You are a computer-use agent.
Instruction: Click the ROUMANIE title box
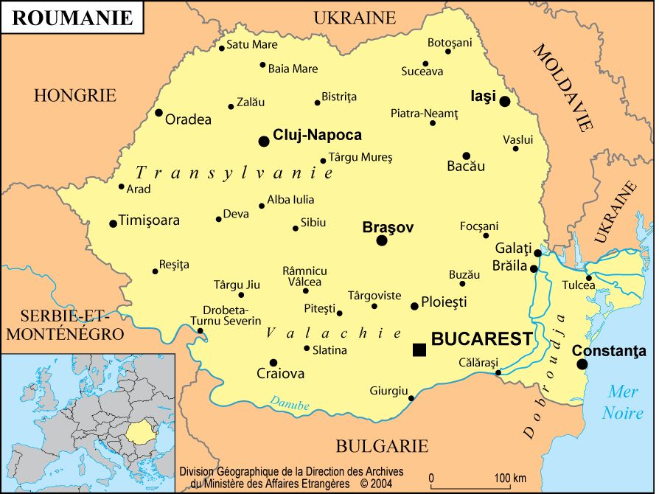click(72, 18)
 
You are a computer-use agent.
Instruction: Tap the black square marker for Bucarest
click(419, 349)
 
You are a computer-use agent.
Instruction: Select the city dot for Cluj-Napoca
click(264, 141)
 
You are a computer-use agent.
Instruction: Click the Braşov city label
click(388, 228)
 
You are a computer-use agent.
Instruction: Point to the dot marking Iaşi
click(505, 102)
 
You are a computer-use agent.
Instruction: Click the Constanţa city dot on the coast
click(582, 364)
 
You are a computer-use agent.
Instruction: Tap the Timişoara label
click(149, 220)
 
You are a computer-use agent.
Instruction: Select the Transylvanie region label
click(234, 173)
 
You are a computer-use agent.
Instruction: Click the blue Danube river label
click(289, 403)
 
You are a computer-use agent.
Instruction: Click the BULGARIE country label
click(382, 446)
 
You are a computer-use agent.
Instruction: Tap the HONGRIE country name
click(75, 95)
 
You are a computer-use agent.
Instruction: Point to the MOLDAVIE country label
click(563, 87)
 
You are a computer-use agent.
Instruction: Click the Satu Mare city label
click(252, 45)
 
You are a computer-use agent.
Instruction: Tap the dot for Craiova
click(273, 363)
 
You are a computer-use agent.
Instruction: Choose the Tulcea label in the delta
click(579, 285)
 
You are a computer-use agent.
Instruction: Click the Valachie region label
click(323, 333)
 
